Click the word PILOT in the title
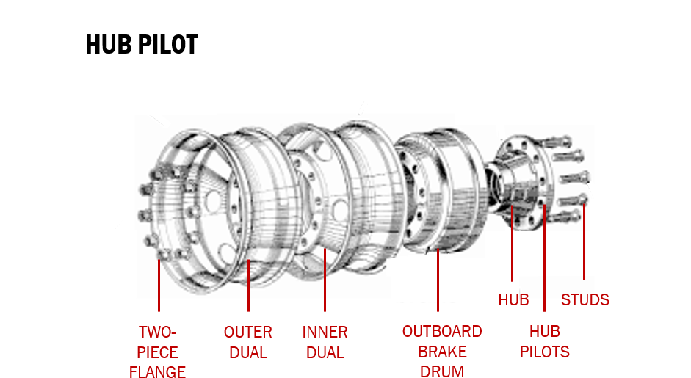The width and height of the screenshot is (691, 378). [169, 45]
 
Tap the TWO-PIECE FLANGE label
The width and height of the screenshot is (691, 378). [157, 352]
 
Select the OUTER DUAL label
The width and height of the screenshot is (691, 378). [248, 342]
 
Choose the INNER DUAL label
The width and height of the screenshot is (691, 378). [325, 342]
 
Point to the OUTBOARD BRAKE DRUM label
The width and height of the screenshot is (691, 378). [442, 352]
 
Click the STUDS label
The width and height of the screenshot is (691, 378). [585, 299]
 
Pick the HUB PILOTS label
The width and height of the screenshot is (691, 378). [545, 342]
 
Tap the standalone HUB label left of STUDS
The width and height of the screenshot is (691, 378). [513, 299]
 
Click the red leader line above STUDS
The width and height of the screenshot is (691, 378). [585, 242]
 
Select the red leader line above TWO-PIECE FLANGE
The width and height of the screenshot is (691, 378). [159, 283]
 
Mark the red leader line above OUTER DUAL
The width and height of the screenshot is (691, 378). [248, 283]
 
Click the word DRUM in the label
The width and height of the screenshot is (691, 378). [442, 371]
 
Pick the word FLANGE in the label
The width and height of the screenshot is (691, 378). [157, 371]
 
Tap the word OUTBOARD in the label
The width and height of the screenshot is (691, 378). [442, 332]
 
